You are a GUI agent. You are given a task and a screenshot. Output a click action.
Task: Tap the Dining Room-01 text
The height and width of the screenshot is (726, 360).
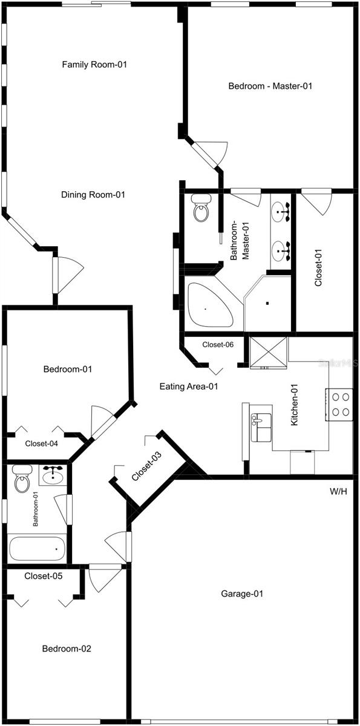click(93, 195)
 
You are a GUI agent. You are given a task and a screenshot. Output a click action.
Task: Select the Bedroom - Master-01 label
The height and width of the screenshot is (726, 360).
click(270, 86)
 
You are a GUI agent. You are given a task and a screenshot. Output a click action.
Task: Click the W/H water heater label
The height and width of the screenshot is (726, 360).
click(338, 491)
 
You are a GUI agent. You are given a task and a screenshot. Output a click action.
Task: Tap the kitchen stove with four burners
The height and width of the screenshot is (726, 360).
click(339, 404)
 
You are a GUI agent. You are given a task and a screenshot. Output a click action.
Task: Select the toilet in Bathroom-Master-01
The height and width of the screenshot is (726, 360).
click(200, 209)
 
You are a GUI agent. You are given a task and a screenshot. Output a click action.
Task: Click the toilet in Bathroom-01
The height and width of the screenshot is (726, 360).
click(22, 480)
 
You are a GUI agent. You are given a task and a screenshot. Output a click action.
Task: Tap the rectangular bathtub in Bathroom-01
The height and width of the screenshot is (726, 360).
click(37, 548)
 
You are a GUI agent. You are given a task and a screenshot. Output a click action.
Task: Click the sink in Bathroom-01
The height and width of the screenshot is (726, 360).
click(54, 475)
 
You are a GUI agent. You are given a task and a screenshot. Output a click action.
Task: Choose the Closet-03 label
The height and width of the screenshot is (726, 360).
click(147, 466)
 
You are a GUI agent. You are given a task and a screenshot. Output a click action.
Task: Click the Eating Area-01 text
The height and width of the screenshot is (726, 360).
click(189, 386)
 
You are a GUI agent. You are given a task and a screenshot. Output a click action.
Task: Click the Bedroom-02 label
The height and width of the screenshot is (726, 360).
click(67, 649)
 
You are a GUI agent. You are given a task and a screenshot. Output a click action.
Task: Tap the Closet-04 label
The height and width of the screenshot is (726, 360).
click(41, 443)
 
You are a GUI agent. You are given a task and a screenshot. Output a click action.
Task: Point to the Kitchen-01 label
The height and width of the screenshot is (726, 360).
click(295, 410)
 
